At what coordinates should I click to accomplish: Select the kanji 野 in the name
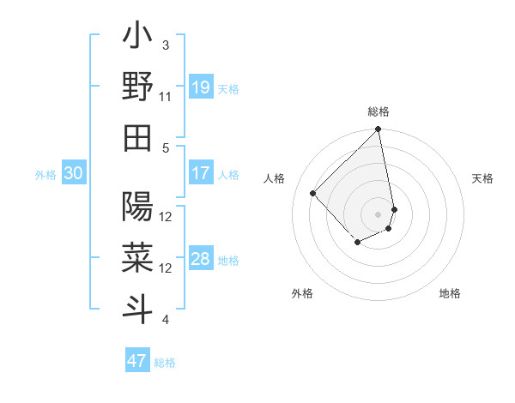coord(137,88)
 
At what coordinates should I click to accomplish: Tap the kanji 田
coord(137,136)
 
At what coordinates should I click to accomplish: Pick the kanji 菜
coord(137,256)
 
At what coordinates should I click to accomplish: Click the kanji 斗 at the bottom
coord(137,306)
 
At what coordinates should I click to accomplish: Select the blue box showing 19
coord(200,87)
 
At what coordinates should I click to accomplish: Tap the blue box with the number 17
coord(200,173)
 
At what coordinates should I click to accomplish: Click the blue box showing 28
coord(200,260)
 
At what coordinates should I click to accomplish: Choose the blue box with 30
coord(73,173)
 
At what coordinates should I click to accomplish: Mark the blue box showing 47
coord(137,361)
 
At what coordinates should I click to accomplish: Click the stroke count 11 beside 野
coord(166,97)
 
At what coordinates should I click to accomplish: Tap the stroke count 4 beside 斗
coord(166,321)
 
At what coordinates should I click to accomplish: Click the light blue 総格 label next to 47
coord(165,363)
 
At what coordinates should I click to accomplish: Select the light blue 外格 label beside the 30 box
coord(45,175)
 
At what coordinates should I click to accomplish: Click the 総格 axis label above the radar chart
coord(379,111)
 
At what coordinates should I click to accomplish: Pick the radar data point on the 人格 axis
coord(313,193)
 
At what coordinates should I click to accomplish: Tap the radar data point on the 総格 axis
coord(378,130)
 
